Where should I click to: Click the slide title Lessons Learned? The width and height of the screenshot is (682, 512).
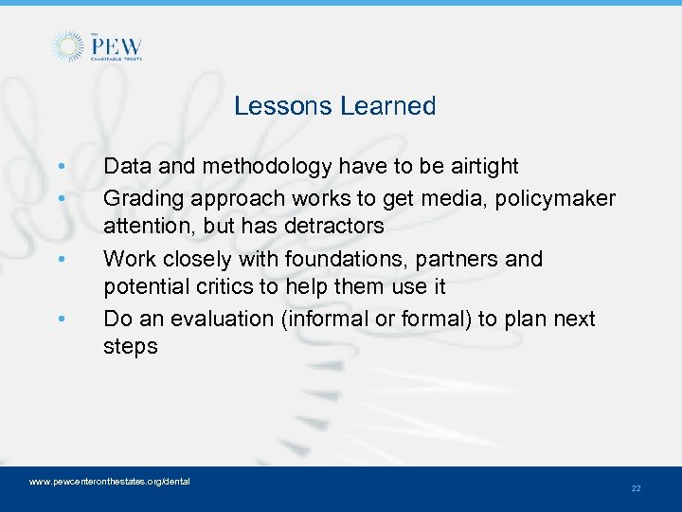coord(334,106)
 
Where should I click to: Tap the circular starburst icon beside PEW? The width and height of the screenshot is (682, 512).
coord(67,46)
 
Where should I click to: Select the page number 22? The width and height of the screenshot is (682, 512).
coord(636,488)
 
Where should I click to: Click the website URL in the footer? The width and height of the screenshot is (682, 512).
coord(110,482)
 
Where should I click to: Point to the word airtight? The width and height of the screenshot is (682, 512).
coord(481,167)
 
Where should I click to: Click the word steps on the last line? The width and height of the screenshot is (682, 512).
coord(131,346)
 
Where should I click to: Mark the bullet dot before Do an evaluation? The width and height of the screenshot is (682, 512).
coord(61,320)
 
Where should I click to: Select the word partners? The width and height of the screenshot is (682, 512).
coord(464,259)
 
